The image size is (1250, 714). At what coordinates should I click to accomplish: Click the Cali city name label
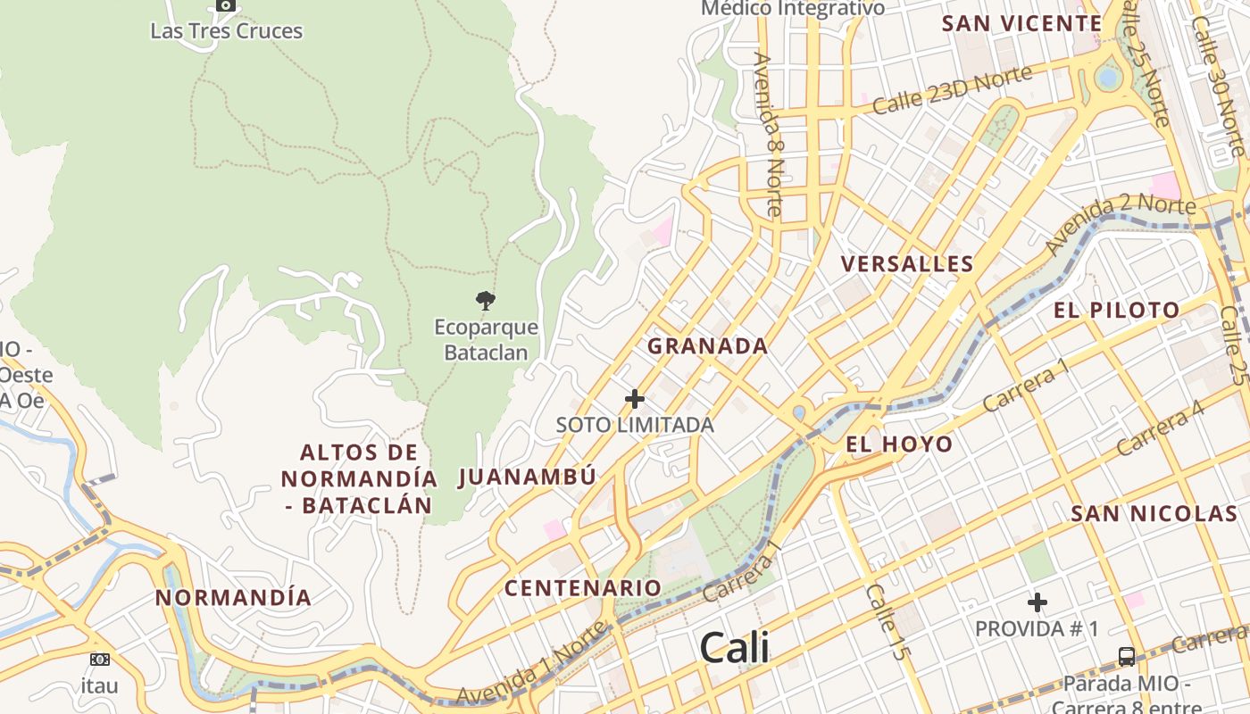[734, 647]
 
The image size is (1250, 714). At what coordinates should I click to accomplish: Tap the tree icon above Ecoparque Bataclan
[486, 300]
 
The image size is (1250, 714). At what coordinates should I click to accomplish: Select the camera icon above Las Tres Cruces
[226, 5]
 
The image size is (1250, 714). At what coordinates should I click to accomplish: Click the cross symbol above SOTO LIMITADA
[635, 398]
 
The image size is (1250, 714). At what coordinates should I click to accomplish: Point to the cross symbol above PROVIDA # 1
[1037, 602]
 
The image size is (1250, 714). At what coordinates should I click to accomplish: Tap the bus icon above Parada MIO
[1127, 657]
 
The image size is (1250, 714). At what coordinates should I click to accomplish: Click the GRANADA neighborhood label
[707, 346]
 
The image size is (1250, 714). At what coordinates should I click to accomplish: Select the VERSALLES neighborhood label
[907, 264]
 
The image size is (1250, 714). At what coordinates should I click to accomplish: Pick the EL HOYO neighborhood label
[899, 444]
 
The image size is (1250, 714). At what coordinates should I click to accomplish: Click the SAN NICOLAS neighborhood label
[1154, 514]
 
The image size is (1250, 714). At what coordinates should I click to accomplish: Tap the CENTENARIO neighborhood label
[582, 588]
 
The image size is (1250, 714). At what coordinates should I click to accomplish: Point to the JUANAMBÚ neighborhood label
[527, 477]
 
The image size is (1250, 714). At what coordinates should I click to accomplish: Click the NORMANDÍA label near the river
[234, 598]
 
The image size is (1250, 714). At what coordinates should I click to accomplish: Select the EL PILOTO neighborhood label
[1117, 311]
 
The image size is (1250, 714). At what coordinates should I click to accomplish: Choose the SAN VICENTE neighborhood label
[1021, 24]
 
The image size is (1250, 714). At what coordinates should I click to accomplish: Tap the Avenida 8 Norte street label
[768, 134]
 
